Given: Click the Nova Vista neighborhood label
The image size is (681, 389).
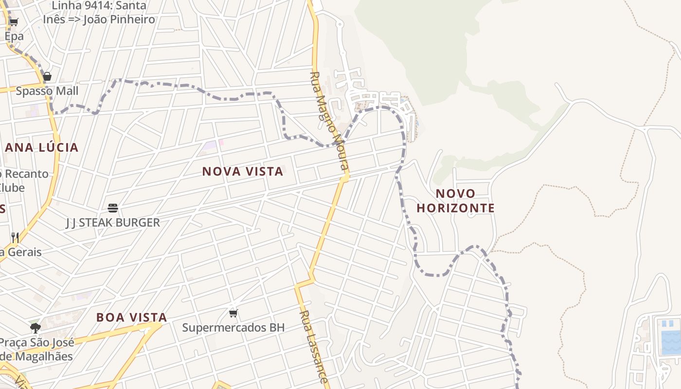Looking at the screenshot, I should (242, 172).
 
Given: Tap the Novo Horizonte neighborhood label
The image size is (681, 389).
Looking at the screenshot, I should (455, 201).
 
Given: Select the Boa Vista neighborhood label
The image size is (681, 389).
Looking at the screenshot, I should (131, 318).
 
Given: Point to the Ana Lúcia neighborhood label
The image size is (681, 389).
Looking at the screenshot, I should (41, 148).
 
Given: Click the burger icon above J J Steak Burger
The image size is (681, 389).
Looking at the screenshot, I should (113, 209).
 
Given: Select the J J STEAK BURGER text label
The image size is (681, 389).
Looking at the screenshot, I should (113, 223).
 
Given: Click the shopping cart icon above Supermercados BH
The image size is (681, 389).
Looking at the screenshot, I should (233, 313).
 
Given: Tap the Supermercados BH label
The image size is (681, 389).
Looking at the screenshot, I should (233, 328).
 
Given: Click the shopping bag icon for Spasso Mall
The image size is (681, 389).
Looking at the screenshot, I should (47, 76).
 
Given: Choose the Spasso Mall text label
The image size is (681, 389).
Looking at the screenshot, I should (47, 91).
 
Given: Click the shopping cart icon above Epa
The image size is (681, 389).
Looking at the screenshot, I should (14, 22).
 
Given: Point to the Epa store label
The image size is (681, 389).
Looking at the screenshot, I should (14, 36).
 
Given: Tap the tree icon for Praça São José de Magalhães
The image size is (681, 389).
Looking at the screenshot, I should (35, 328).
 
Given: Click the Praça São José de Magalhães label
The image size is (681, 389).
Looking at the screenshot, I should (36, 349).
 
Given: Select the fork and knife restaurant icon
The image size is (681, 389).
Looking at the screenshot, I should (15, 237).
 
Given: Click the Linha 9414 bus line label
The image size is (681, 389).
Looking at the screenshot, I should (99, 13).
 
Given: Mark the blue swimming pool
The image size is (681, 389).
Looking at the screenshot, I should (670, 336).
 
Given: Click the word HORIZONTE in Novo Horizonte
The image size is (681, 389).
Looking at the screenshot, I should (455, 208).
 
